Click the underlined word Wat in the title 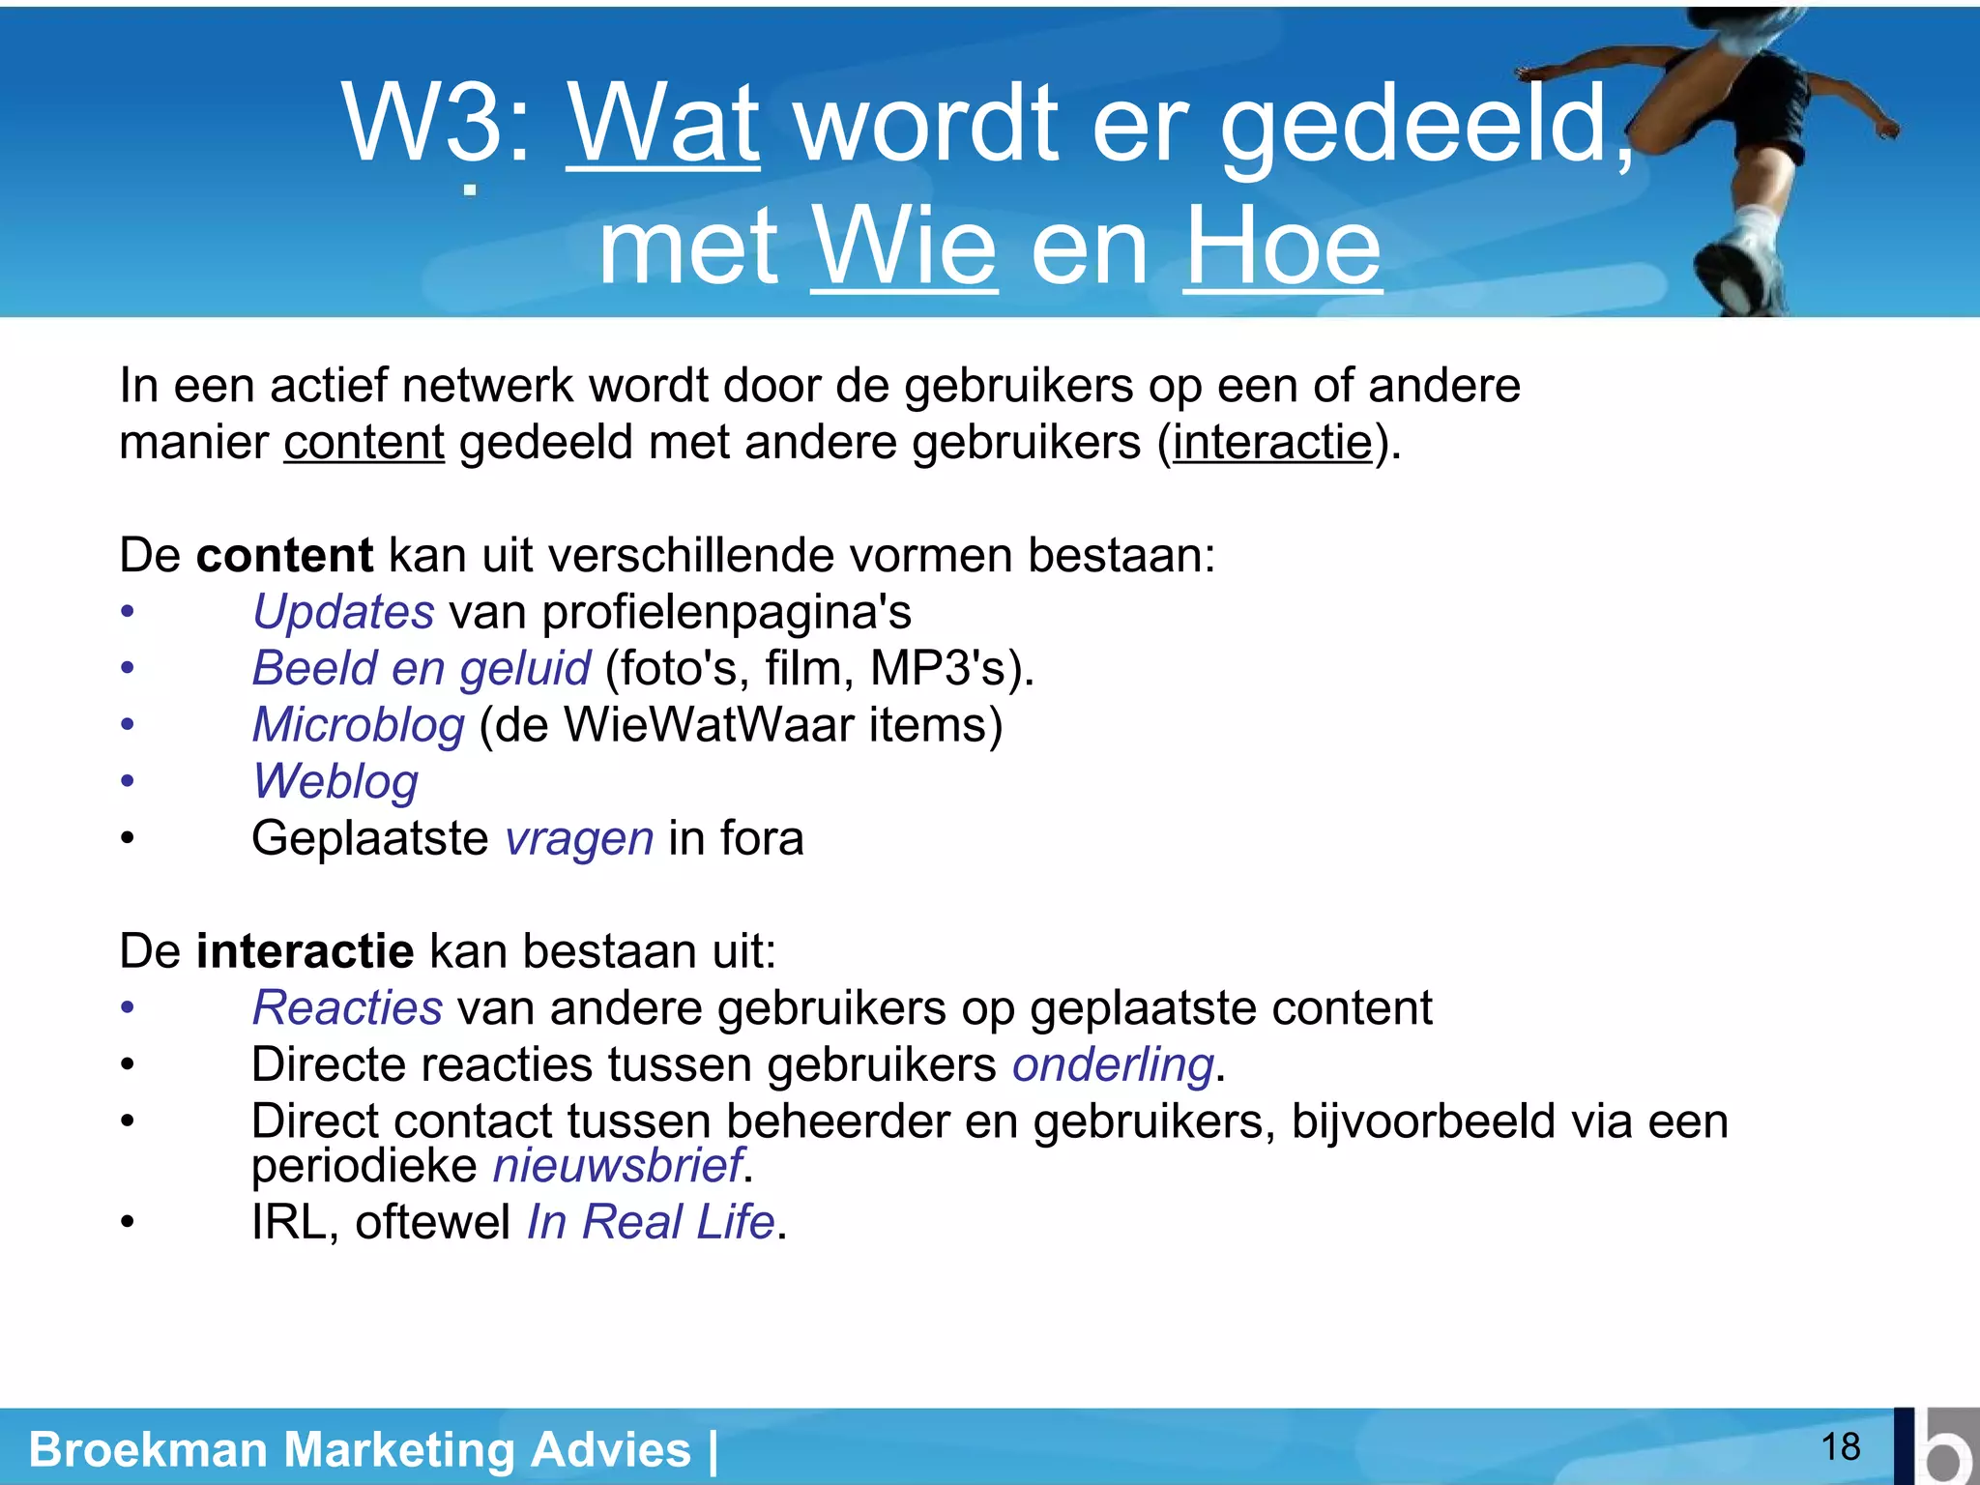click(x=663, y=124)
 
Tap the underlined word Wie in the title click(x=903, y=247)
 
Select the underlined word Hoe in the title click(x=1282, y=247)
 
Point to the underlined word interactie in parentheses click(x=1272, y=443)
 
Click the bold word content click(x=284, y=556)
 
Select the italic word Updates click(x=343, y=612)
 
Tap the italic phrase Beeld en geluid click(x=421, y=668)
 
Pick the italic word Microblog click(x=359, y=725)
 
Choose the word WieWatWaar click(x=709, y=725)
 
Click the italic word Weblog click(x=335, y=781)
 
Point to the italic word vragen click(x=579, y=838)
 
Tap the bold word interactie click(x=305, y=951)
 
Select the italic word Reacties click(x=347, y=1008)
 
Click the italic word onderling click(x=1113, y=1064)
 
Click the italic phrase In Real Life click(x=651, y=1222)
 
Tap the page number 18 click(x=1840, y=1447)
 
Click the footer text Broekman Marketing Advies click(x=360, y=1450)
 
